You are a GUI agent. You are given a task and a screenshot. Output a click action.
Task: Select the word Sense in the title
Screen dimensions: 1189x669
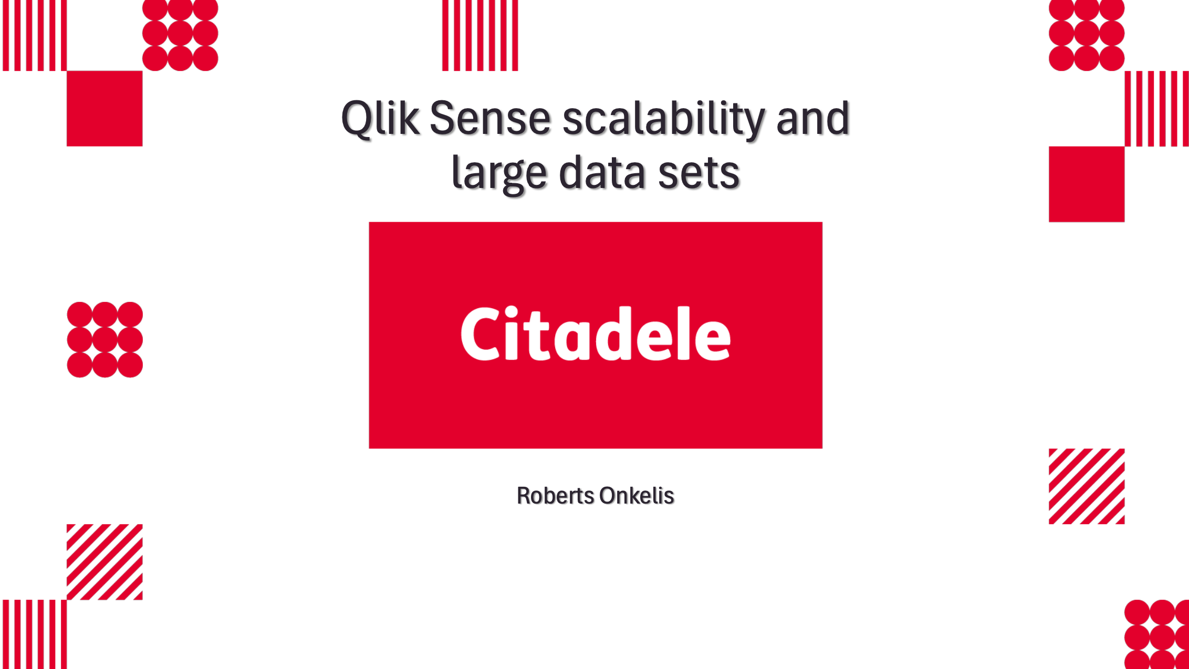tap(491, 118)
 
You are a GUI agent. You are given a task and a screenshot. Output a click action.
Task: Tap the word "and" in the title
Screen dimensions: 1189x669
tap(812, 118)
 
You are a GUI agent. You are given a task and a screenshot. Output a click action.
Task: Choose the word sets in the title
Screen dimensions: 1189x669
tap(698, 174)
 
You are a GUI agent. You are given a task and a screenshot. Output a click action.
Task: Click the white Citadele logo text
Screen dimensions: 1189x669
tap(596, 334)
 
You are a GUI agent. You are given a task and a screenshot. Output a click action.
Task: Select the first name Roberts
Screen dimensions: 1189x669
tap(555, 496)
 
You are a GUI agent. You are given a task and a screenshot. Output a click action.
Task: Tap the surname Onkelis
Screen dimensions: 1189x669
tap(637, 496)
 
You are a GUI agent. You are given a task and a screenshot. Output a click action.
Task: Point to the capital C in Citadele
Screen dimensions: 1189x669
tap(480, 334)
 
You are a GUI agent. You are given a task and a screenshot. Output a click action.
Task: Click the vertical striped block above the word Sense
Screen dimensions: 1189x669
tap(480, 35)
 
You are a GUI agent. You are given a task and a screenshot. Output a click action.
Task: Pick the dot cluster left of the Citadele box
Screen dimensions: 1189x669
tap(105, 340)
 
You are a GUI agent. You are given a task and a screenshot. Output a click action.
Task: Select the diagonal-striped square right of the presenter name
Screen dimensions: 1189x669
tap(1087, 486)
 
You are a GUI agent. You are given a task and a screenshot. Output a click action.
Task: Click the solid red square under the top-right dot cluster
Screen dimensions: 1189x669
tap(1087, 184)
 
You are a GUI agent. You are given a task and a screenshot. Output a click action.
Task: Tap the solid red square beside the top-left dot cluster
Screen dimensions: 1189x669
tap(105, 109)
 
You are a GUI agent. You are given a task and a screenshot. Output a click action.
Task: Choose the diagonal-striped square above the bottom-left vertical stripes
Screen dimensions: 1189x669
tap(105, 562)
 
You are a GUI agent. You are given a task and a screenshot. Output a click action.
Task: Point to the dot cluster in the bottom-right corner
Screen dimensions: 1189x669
tap(1157, 634)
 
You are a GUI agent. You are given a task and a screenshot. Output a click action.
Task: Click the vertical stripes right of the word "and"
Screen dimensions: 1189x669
tap(1157, 109)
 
